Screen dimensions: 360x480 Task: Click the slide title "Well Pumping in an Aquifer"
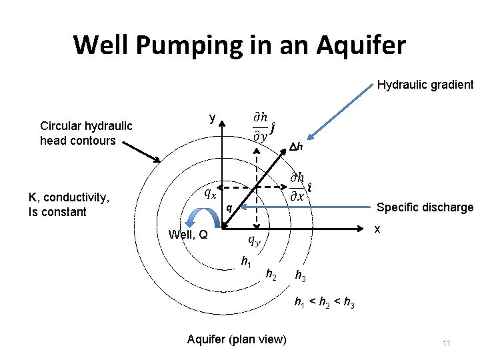pyautogui.click(x=239, y=45)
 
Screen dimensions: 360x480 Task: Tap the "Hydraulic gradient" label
pyautogui.click(x=425, y=85)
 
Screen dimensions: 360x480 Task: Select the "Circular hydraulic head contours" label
pyautogui.click(x=86, y=133)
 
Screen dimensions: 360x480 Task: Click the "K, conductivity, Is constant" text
pyautogui.click(x=69, y=205)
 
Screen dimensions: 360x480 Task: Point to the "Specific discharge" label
pyautogui.click(x=425, y=207)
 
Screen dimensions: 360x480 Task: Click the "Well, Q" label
pyautogui.click(x=188, y=234)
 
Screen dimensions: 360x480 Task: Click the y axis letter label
pyautogui.click(x=212, y=119)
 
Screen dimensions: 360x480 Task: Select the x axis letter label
pyautogui.click(x=377, y=229)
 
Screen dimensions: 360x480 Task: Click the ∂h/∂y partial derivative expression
pyautogui.click(x=263, y=126)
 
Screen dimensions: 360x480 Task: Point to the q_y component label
pyautogui.click(x=255, y=240)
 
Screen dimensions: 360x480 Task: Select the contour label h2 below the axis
pyautogui.click(x=271, y=274)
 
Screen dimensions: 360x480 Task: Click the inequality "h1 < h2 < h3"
pyautogui.click(x=325, y=304)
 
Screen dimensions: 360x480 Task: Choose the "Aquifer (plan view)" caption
pyautogui.click(x=237, y=339)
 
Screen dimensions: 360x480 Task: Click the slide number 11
pyautogui.click(x=446, y=343)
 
